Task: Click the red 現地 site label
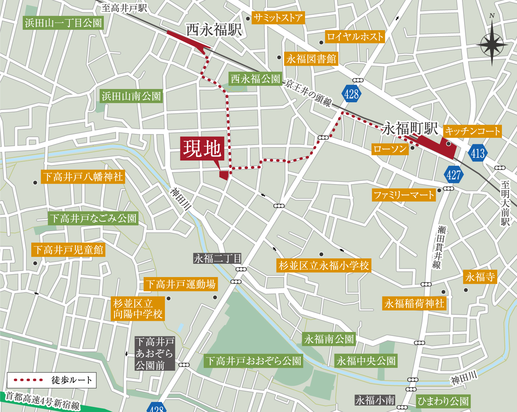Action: coord(202,149)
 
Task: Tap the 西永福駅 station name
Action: coord(214,30)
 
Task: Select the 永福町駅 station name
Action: coord(410,128)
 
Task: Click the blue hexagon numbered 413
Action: coord(478,153)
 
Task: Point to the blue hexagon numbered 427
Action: coord(453,175)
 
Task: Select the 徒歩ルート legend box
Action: coord(52,380)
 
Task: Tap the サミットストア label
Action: coord(278,18)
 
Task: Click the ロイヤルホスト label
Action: coord(355,37)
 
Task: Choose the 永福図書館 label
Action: coord(311,59)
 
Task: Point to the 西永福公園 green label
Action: coord(255,79)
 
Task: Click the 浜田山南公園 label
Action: coord(131,96)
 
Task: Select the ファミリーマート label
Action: coord(404,195)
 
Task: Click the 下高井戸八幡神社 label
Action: coord(83,177)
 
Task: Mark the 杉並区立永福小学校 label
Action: coord(324,266)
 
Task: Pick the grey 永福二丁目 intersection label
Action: coord(217,258)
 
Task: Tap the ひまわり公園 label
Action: coord(443,401)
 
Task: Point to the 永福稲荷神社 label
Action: coord(414,304)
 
